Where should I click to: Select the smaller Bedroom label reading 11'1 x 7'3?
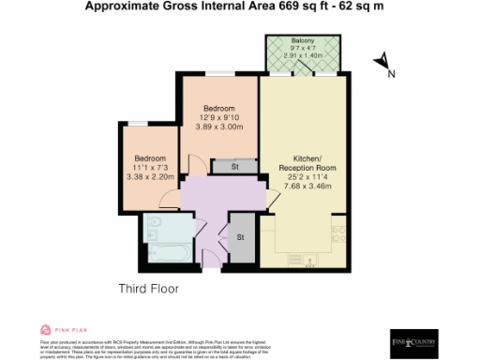coord(149,157)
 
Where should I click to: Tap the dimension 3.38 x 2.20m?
coord(149,174)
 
